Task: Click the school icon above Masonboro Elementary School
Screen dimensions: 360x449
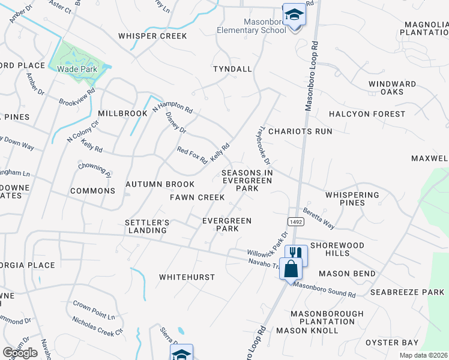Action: click(x=294, y=14)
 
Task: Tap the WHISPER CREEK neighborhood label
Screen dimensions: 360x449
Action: click(x=152, y=36)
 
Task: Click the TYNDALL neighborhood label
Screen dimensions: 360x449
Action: click(x=232, y=69)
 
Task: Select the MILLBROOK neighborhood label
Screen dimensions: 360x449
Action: click(x=122, y=113)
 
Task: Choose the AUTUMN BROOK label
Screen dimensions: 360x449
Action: click(x=160, y=184)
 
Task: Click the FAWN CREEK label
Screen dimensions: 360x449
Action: click(x=197, y=197)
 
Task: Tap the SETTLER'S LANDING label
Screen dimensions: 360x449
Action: click(x=146, y=226)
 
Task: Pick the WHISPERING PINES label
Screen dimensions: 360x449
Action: click(x=352, y=199)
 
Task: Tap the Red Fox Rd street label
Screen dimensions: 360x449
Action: click(x=191, y=155)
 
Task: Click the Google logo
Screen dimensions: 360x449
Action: click(x=20, y=353)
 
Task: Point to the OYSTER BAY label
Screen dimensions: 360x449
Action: click(x=392, y=343)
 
